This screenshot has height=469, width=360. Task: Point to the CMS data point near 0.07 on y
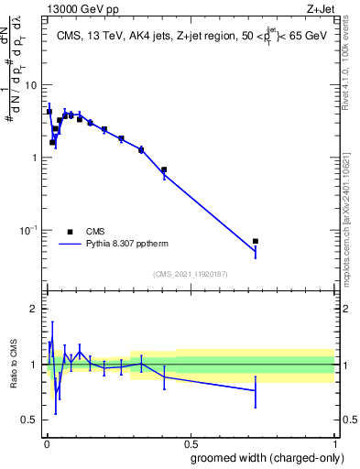tap(256, 241)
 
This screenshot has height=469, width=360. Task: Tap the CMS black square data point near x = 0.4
tap(164, 169)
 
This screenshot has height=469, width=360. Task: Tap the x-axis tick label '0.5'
tap(190, 442)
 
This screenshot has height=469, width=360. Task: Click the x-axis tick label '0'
tap(46, 442)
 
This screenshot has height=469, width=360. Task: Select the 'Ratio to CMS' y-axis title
tap(14, 365)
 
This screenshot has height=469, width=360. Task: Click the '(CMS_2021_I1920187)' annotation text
tap(190, 273)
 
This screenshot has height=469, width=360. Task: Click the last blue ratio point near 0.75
tap(256, 390)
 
